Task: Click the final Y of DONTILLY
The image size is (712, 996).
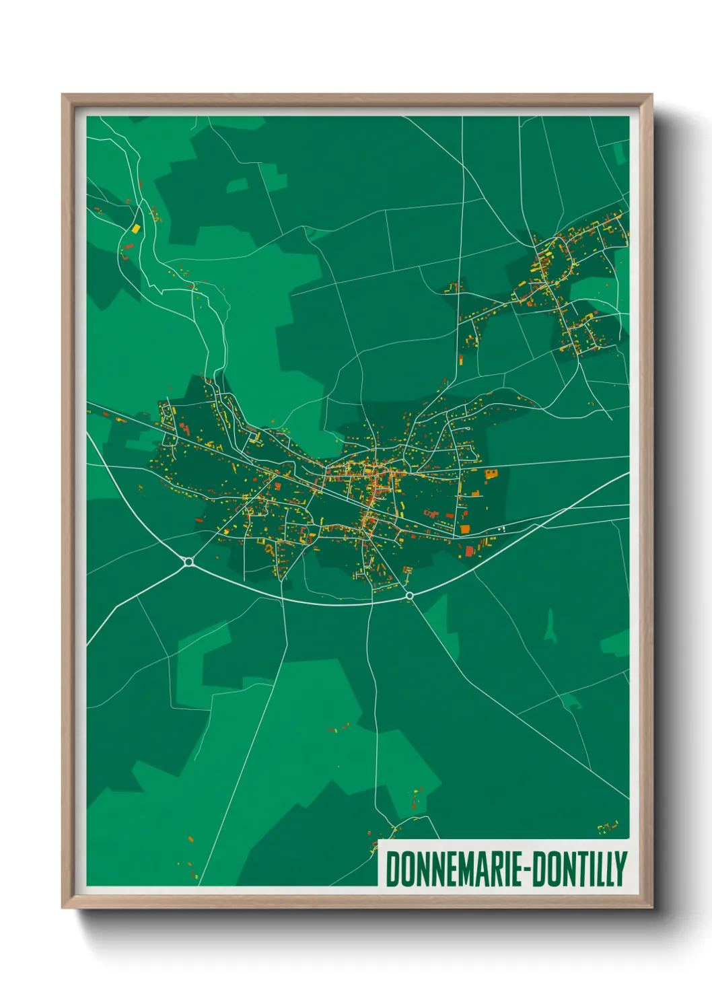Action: click(621, 869)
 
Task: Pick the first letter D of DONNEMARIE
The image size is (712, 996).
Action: click(392, 869)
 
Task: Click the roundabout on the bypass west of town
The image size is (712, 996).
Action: click(188, 561)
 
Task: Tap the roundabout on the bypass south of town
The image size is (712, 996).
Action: click(409, 596)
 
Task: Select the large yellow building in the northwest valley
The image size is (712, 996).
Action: click(135, 228)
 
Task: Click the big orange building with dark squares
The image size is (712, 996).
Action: click(491, 474)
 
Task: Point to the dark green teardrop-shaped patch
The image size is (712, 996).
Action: click(551, 626)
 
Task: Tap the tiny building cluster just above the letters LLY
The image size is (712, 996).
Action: click(608, 826)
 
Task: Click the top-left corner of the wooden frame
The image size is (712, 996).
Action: click(63, 96)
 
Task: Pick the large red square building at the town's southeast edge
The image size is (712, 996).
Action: click(465, 530)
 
